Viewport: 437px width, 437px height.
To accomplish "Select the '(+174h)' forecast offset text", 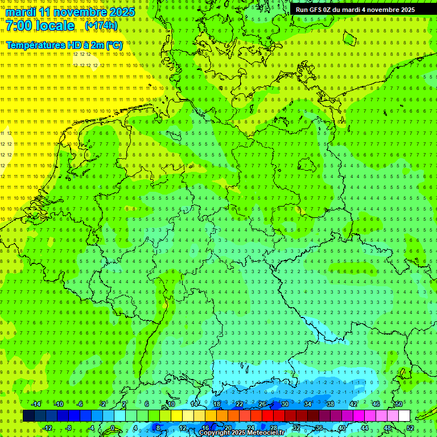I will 101,26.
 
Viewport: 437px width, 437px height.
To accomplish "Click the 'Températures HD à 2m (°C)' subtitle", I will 64,44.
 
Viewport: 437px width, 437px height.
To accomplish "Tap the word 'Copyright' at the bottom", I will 215,433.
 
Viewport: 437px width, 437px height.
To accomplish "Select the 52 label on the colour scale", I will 410,428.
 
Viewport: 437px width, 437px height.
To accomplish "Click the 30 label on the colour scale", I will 285,404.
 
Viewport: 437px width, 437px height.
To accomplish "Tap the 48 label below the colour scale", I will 387,428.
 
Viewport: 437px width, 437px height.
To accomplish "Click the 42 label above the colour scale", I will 353,404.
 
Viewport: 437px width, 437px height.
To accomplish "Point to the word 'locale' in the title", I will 57,26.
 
